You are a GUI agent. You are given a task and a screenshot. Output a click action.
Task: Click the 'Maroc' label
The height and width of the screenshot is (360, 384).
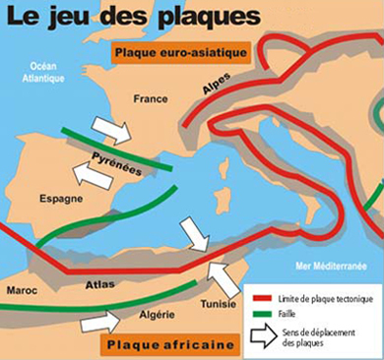click(22, 291)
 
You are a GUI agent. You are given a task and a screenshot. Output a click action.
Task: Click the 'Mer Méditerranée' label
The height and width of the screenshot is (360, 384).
click(330, 266)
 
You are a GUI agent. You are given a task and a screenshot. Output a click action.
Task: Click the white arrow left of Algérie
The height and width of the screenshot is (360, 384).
click(99, 321)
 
